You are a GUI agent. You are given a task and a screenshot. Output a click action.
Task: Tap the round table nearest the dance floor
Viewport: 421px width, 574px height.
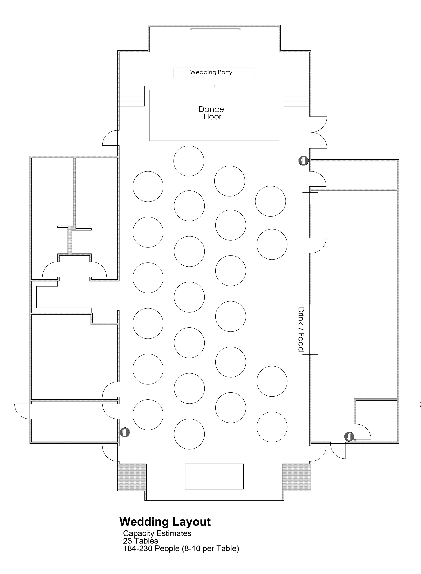pyautogui.click(x=189, y=161)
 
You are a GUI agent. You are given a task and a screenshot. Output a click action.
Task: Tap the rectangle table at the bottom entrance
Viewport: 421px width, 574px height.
pyautogui.click(x=214, y=476)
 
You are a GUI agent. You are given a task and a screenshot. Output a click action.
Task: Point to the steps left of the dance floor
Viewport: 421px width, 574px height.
pyautogui.click(x=132, y=96)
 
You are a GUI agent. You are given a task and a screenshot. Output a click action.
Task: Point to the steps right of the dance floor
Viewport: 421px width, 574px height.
pyautogui.click(x=297, y=96)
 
